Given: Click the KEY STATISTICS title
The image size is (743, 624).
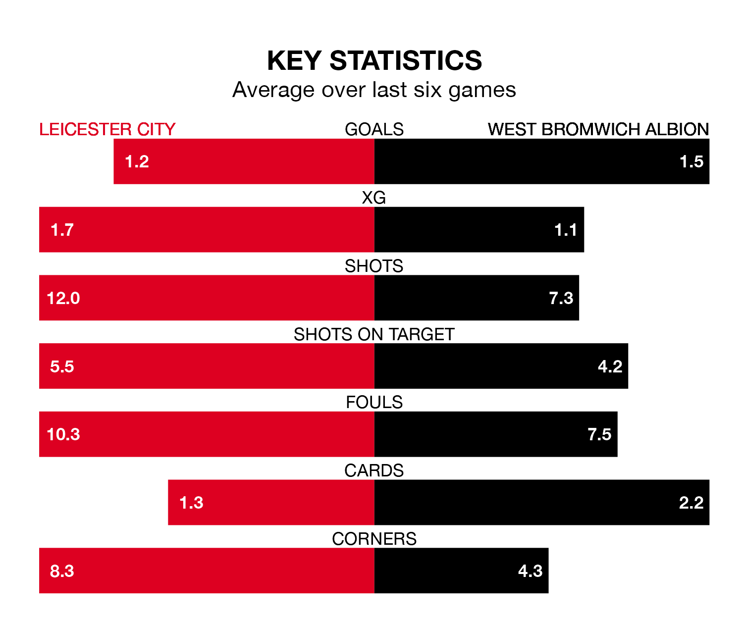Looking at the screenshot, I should click(374, 60).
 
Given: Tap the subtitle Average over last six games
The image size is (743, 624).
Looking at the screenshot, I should click(374, 90).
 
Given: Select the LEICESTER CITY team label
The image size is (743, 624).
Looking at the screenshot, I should click(107, 129).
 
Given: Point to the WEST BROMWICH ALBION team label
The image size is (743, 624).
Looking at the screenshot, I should click(598, 129).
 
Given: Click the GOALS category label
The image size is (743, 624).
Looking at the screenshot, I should click(374, 129).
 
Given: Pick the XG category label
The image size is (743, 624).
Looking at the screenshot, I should click(374, 198).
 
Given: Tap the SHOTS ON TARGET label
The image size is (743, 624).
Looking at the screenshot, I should click(374, 334).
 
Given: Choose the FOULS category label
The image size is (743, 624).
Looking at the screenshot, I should click(374, 402).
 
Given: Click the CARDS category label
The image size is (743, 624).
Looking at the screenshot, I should click(374, 470).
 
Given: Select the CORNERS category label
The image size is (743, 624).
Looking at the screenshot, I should click(374, 539).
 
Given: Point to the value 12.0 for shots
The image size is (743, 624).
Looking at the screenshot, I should click(63, 298).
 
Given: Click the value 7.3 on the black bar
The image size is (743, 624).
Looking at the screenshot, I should click(561, 298).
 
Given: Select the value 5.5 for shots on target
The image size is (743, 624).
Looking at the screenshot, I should click(62, 366).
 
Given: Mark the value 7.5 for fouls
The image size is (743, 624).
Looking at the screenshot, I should click(599, 434).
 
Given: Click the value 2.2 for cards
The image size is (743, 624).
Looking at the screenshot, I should click(691, 503).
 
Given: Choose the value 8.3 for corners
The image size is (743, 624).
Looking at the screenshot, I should click(62, 571).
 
